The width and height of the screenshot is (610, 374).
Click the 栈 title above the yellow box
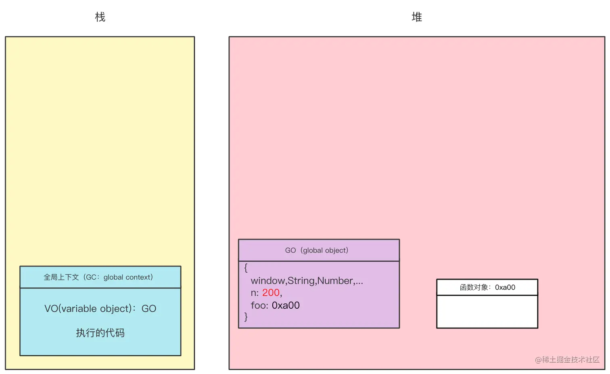[x=100, y=17]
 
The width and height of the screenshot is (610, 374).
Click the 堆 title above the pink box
[x=417, y=17]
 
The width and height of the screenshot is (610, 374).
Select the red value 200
[x=271, y=293]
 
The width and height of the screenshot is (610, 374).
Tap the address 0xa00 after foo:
[x=286, y=305]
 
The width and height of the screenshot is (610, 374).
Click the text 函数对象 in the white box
[x=474, y=287]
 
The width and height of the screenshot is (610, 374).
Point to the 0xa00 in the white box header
[x=505, y=287]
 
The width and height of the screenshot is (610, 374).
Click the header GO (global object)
[x=317, y=250]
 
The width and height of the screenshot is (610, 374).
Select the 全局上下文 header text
[x=61, y=277]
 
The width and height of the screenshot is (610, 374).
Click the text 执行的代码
[x=100, y=333]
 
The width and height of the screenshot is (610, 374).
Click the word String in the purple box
[x=301, y=281]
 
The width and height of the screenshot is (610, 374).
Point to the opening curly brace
[x=246, y=268]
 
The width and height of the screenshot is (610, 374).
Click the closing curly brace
[x=246, y=317]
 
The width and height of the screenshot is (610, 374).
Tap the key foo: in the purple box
[x=259, y=305]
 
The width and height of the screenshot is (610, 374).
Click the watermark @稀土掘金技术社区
[x=567, y=359]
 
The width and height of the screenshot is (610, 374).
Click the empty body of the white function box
[x=487, y=311]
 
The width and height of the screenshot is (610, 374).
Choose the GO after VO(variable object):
[x=148, y=309]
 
